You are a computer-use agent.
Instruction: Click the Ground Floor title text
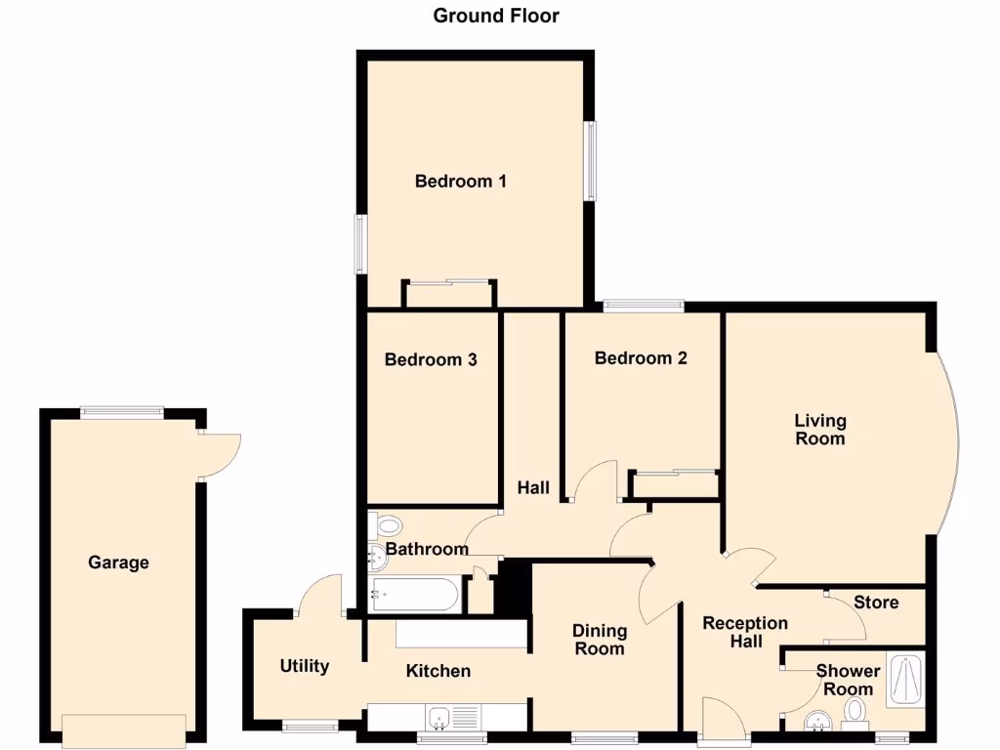pyautogui.click(x=496, y=16)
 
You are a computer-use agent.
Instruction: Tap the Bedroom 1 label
pyautogui.click(x=460, y=181)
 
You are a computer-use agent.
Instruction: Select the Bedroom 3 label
pyautogui.click(x=431, y=359)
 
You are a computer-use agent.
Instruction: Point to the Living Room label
pyautogui.click(x=819, y=430)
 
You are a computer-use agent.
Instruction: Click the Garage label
pyautogui.click(x=118, y=562)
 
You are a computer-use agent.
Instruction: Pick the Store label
pyautogui.click(x=875, y=602)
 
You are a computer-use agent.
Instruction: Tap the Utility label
pyautogui.click(x=304, y=666)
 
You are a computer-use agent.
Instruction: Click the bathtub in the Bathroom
pyautogui.click(x=414, y=593)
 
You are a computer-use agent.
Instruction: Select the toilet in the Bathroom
pyautogui.click(x=385, y=526)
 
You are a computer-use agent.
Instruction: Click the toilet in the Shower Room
pyautogui.click(x=856, y=710)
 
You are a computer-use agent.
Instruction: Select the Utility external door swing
pyautogui.click(x=320, y=595)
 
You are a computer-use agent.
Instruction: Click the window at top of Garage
pyautogui.click(x=121, y=412)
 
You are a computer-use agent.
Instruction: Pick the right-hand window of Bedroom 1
pyautogui.click(x=590, y=161)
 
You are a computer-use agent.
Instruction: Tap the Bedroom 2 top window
pyautogui.click(x=643, y=306)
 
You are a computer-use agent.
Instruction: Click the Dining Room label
pyautogui.click(x=599, y=640)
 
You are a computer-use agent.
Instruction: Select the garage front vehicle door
pyautogui.click(x=123, y=728)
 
